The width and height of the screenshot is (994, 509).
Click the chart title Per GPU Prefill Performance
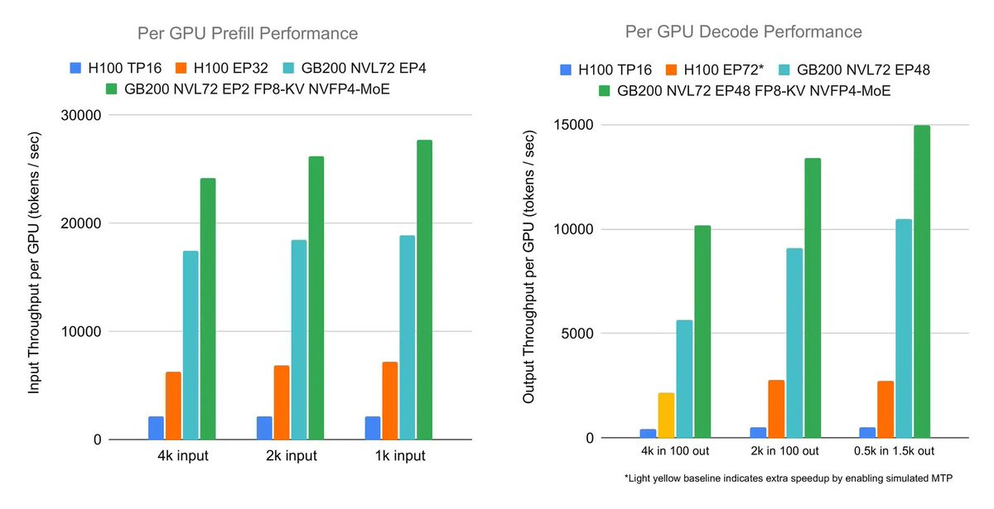248,34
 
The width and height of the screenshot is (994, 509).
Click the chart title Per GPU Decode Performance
743,31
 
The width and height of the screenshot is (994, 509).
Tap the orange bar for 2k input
281,402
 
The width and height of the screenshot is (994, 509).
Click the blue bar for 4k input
156,428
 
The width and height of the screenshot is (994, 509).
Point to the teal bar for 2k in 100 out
794,343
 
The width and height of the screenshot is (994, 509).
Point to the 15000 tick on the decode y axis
576,125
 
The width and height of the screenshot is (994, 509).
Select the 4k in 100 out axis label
676,451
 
